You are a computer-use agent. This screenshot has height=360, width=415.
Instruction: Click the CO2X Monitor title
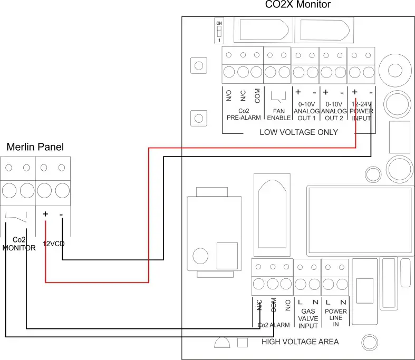tap(297, 5)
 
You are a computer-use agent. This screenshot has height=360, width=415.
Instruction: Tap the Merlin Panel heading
tap(35, 147)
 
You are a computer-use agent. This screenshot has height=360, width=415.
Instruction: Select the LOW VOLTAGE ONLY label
tap(298, 132)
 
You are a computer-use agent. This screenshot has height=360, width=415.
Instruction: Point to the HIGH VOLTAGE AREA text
tap(300, 342)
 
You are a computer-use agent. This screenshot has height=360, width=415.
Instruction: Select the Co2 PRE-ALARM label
tap(243, 114)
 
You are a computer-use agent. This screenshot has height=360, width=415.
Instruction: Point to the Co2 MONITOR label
tap(19, 244)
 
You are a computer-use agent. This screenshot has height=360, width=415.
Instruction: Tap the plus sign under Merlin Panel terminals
tap(45, 215)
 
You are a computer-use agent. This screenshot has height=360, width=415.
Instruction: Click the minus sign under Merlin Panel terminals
tap(62, 215)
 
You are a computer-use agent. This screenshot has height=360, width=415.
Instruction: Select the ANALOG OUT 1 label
tap(306, 111)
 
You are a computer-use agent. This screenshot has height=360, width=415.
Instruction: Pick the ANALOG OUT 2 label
tap(334, 111)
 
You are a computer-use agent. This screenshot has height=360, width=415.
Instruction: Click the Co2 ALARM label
tap(273, 325)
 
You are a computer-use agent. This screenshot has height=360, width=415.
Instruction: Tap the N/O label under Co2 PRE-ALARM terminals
tap(229, 95)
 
